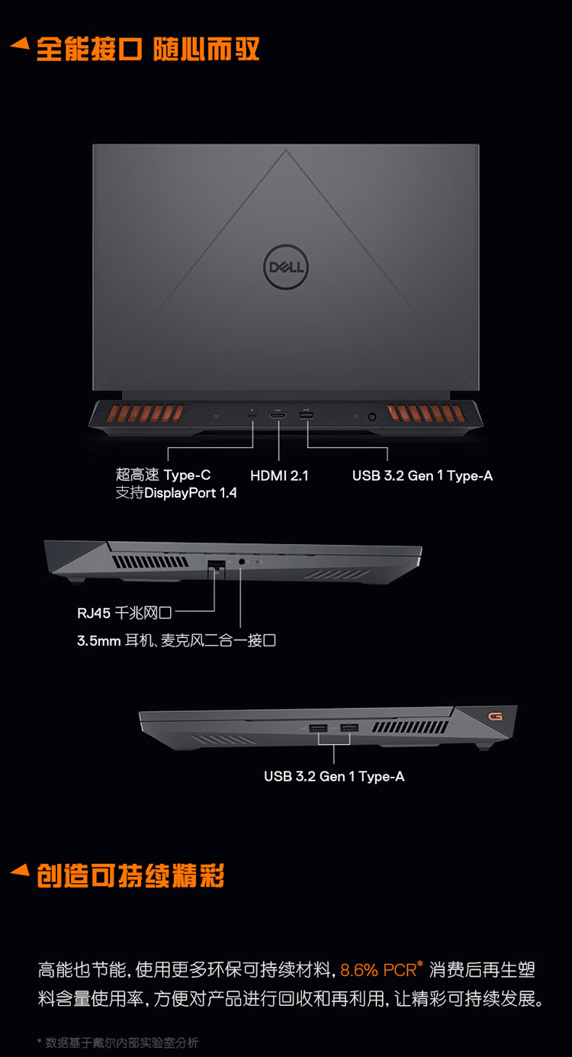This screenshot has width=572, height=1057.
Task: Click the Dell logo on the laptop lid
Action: (286, 266)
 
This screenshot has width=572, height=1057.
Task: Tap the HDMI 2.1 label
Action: (279, 475)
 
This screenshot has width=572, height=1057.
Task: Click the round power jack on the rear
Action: (372, 417)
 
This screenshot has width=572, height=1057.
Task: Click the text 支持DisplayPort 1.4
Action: (176, 493)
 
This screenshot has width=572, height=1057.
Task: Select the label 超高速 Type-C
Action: (163, 475)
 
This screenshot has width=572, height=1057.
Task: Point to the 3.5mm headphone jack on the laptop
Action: (243, 562)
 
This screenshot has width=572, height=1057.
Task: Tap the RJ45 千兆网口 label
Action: (125, 612)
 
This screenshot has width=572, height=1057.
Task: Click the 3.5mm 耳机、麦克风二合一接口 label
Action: (176, 640)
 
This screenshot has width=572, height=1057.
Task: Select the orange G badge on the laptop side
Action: (496, 717)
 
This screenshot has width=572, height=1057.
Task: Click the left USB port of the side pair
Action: (318, 729)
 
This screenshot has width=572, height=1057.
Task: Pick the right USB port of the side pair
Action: (349, 729)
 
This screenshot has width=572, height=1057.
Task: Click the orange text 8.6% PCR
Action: (378, 970)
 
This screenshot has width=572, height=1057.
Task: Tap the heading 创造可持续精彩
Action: (130, 876)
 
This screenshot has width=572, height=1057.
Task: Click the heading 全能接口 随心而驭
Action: (148, 49)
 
